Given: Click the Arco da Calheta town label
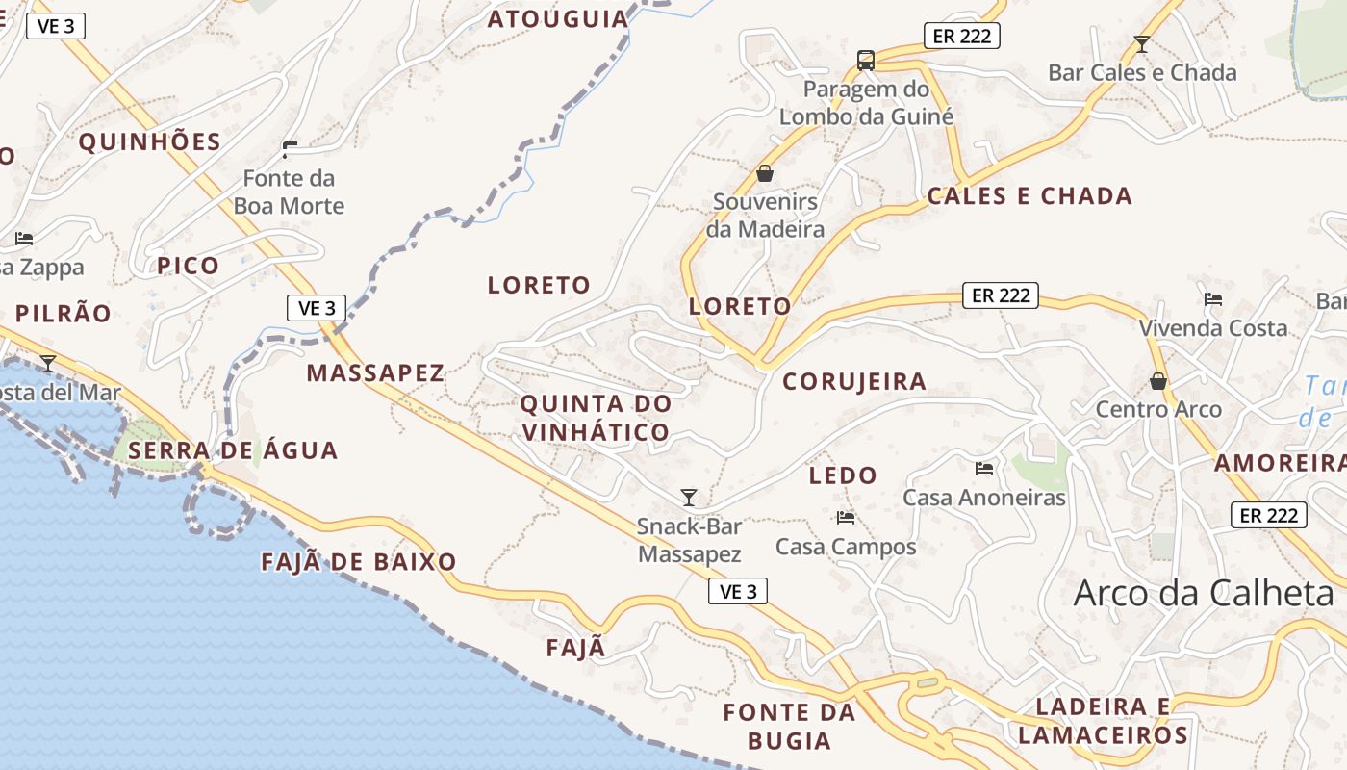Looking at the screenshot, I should coord(1204,593).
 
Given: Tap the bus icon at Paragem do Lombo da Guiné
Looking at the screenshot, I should coord(866,61).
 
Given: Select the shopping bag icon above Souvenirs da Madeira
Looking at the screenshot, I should coord(765,173).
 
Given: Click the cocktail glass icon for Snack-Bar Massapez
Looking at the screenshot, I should coord(689,497).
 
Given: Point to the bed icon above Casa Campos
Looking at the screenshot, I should coord(846,518).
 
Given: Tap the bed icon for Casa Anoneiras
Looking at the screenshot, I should coord(984,469).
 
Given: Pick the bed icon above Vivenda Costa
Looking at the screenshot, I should coord(1213,299).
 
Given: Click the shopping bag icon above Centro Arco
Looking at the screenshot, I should coord(1158,381).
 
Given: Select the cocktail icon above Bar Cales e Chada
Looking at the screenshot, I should coord(1142,43).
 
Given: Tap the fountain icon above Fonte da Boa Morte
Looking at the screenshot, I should coord(290,149).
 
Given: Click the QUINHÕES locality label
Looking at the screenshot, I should coord(150,142).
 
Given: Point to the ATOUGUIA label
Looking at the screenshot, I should coord(558,18).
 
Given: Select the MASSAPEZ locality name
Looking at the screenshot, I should coord(375,373).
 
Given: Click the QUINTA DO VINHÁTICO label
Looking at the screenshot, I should coord(596,418).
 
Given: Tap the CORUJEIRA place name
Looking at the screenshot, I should coord(854,381).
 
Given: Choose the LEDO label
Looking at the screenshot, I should coord(843,475).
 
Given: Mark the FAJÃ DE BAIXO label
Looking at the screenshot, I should coord(359,562).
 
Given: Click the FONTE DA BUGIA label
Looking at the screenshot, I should coord(789,727).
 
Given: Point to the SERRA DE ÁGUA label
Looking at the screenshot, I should coord(233,450).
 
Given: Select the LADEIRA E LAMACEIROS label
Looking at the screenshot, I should coord(1103,722).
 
